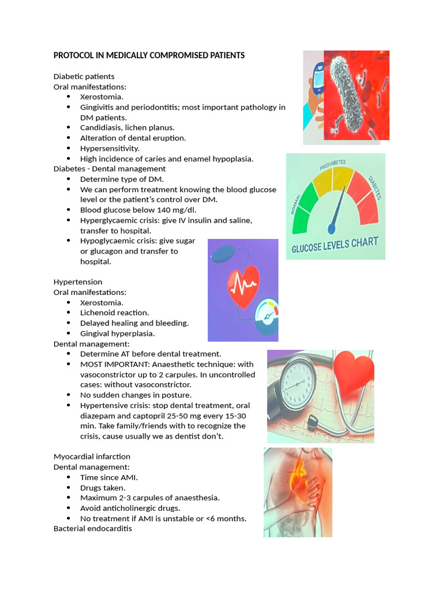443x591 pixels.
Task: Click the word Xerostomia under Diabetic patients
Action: coord(101,97)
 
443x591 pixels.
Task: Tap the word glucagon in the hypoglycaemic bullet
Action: coord(107,252)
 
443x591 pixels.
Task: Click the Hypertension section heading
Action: coord(78,282)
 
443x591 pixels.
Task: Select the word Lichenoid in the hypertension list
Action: coord(97,313)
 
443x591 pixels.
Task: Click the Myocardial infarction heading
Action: coord(92,457)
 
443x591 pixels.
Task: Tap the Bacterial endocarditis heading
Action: coord(92,529)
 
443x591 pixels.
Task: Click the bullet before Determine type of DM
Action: coord(69,179)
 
